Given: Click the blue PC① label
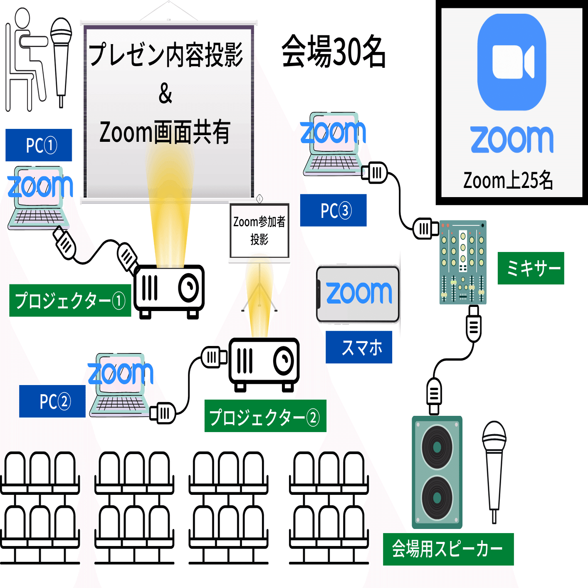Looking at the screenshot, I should click(x=39, y=145).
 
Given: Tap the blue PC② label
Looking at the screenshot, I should click(x=52, y=401).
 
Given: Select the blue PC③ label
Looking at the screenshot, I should click(x=334, y=210).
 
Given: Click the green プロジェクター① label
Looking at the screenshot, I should click(x=70, y=301).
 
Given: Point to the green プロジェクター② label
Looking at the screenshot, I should click(x=265, y=416).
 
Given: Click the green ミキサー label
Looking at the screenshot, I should click(x=531, y=268).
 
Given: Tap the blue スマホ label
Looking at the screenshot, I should click(x=359, y=347).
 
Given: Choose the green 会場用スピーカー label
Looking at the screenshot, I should click(x=448, y=549).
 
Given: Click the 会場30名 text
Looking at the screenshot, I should click(x=334, y=52).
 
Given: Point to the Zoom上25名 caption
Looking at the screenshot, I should click(x=508, y=180).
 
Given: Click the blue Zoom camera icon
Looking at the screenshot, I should click(x=511, y=62).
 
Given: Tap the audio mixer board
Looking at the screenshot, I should click(x=463, y=262).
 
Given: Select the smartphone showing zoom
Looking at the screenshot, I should click(x=358, y=294).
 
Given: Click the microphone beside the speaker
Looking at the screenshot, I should click(x=494, y=466).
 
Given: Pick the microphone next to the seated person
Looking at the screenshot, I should click(x=61, y=58).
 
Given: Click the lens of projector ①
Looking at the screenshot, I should click(x=189, y=287).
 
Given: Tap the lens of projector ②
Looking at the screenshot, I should click(x=284, y=360).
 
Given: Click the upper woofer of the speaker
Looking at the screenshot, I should click(x=437, y=447).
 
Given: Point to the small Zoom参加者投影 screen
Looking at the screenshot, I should click(x=259, y=230).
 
